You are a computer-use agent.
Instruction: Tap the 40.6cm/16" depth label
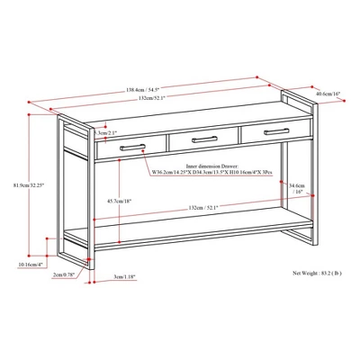pyautogui.click(x=329, y=93)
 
